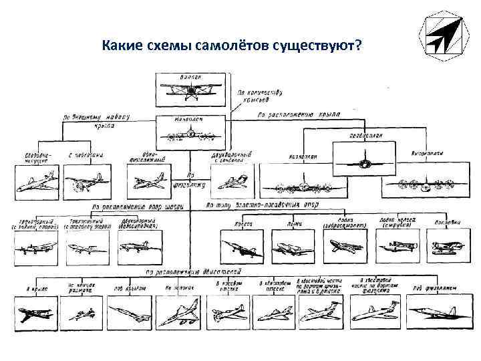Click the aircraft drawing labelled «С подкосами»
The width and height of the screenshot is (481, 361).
(85, 180)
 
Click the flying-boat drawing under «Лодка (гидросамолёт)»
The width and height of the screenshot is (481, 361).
(345, 247)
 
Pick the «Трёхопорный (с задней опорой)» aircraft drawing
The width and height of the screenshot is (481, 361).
(33, 247)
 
